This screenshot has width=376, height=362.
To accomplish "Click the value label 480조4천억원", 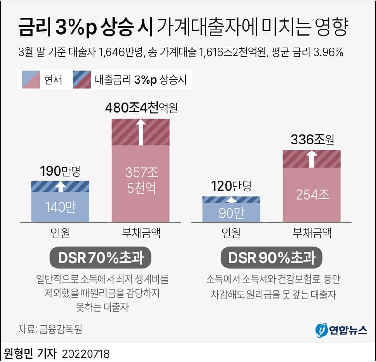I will pyautogui.click(x=141, y=108).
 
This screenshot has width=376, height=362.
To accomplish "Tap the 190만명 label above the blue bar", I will pyautogui.click(x=60, y=171).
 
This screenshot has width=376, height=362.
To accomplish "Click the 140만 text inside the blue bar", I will pyautogui.click(x=60, y=207).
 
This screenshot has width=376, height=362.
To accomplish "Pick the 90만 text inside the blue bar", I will pyautogui.click(x=231, y=213).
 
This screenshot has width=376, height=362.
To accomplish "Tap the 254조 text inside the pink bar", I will pyautogui.click(x=312, y=194).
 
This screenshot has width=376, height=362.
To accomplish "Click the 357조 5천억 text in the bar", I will pyautogui.click(x=140, y=179).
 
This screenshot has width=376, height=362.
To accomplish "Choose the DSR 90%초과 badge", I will pyautogui.click(x=272, y=258).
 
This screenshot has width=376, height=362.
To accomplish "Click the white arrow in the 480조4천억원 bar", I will pyautogui.click(x=141, y=132).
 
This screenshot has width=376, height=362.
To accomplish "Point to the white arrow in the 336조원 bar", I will pyautogui.click(x=312, y=158).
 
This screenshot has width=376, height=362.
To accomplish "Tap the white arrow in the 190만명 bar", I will pyautogui.click(x=60, y=187).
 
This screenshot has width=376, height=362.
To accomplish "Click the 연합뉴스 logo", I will pyautogui.click(x=341, y=330).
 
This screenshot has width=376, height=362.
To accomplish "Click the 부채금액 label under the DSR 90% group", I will pyautogui.click(x=312, y=233).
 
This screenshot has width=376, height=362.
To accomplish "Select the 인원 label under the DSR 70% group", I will pyautogui.click(x=60, y=233).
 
